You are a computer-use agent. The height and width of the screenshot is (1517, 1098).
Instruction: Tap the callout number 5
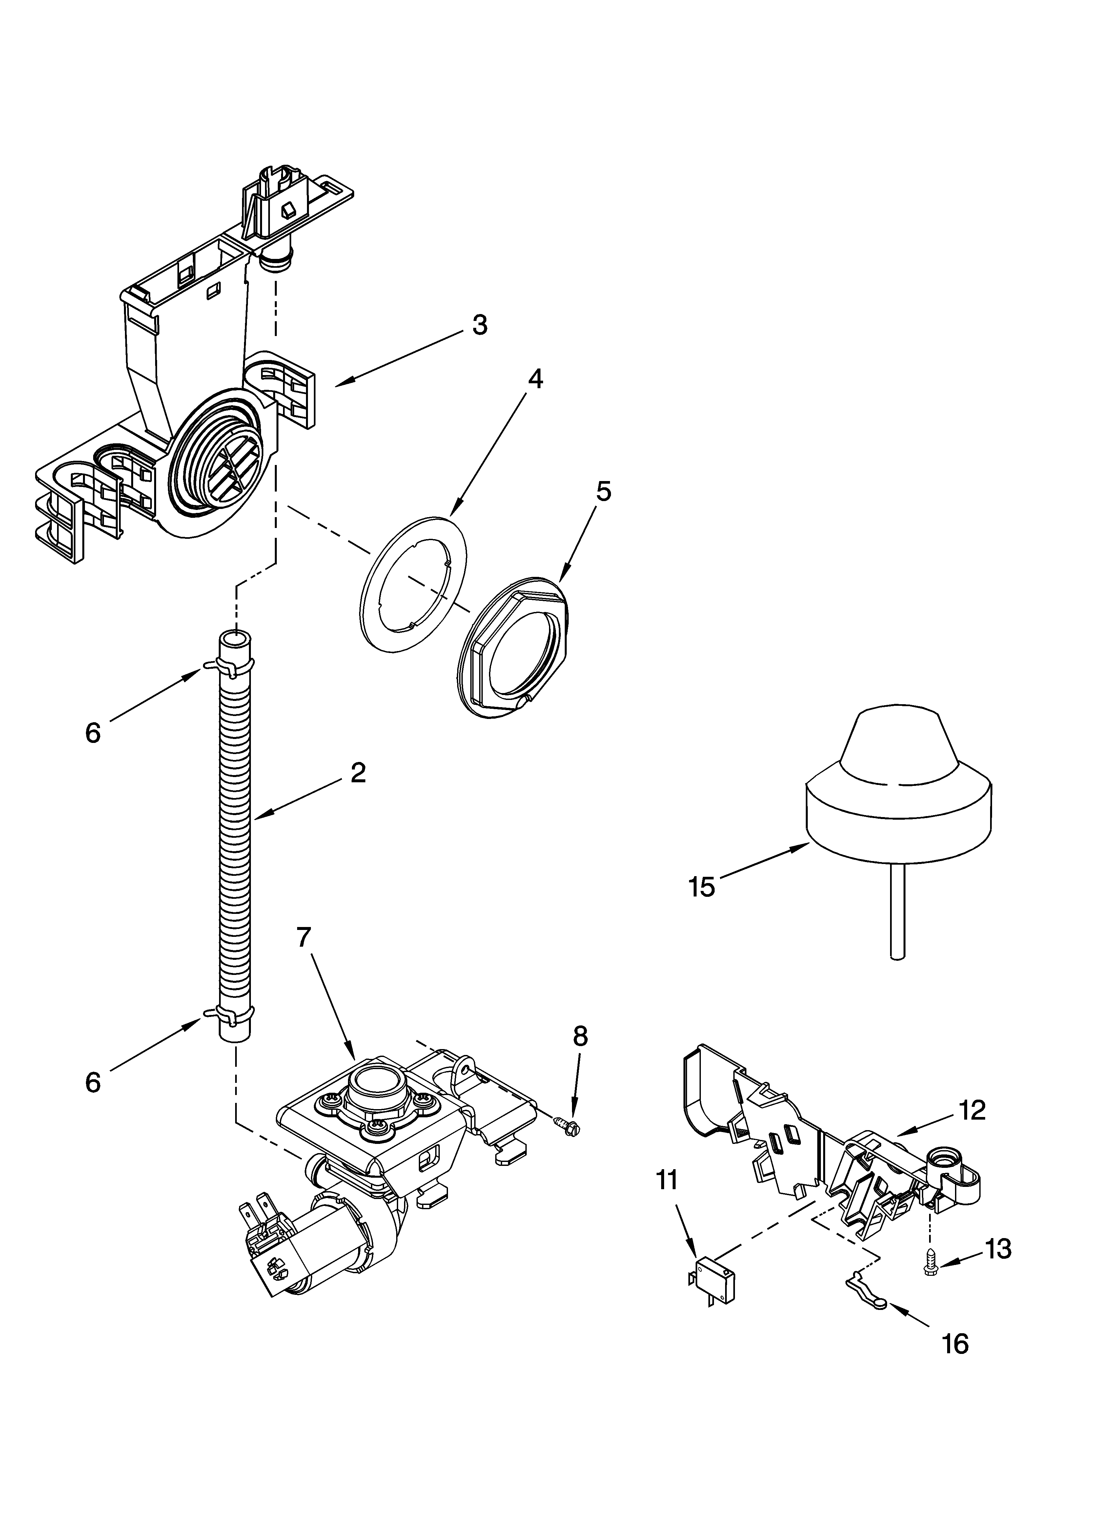[603, 492]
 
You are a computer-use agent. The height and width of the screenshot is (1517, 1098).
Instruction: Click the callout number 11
[667, 1180]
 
